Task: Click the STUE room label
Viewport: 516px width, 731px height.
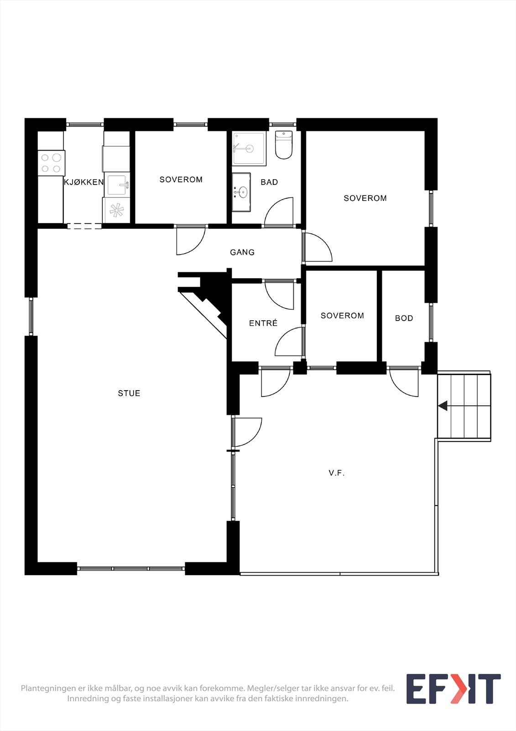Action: (x=129, y=393)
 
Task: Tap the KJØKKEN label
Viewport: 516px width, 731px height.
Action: (x=84, y=182)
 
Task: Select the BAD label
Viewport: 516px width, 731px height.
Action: (x=269, y=182)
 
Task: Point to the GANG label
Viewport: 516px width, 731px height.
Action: (x=242, y=252)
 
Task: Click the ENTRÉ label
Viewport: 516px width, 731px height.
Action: (x=263, y=323)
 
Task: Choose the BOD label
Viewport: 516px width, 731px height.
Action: (x=404, y=318)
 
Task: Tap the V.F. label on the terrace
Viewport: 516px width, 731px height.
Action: (x=337, y=473)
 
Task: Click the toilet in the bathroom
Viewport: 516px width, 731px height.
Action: (x=284, y=145)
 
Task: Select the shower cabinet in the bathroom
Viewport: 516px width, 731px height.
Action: (x=249, y=148)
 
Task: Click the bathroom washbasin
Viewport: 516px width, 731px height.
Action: (x=241, y=192)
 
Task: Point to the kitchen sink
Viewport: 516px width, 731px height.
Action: (x=118, y=185)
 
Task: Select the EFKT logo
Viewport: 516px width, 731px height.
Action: (x=453, y=689)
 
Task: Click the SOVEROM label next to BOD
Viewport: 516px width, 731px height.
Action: (x=342, y=316)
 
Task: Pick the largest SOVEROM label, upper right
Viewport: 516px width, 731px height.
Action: (x=365, y=198)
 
